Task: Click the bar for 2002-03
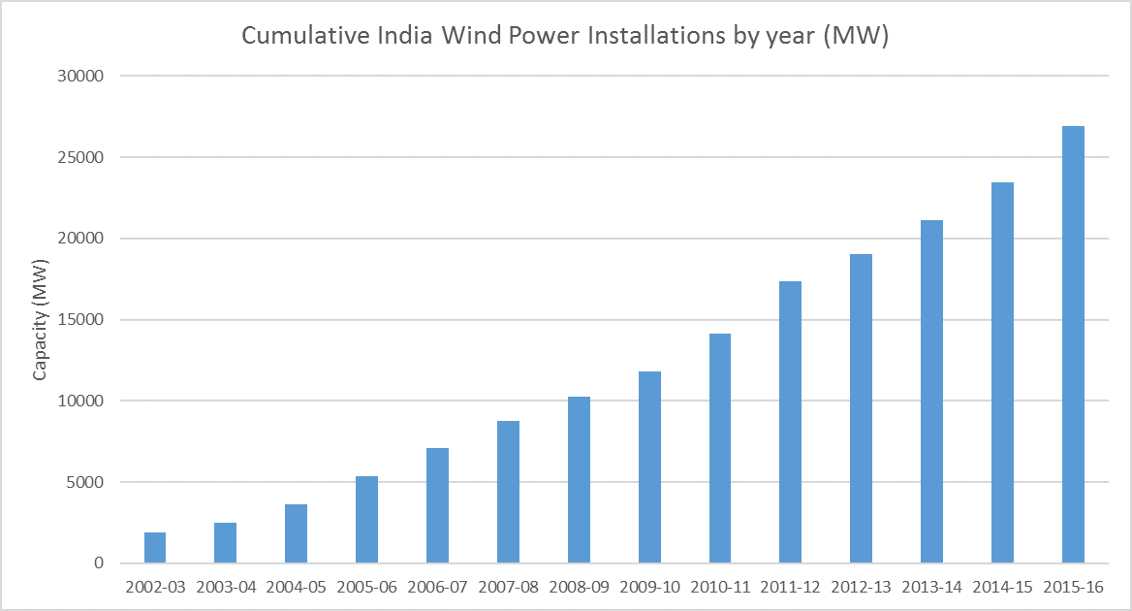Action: pos(155,548)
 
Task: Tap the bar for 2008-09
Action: pos(579,480)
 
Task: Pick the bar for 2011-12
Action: pos(790,422)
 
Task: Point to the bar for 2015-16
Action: pos(1073,344)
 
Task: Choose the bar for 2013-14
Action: pos(931,392)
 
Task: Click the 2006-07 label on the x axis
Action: pos(437,588)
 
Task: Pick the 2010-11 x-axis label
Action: pos(719,588)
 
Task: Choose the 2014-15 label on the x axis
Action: pos(1002,588)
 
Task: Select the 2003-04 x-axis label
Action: pos(225,588)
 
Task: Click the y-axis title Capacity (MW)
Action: pos(42,320)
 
